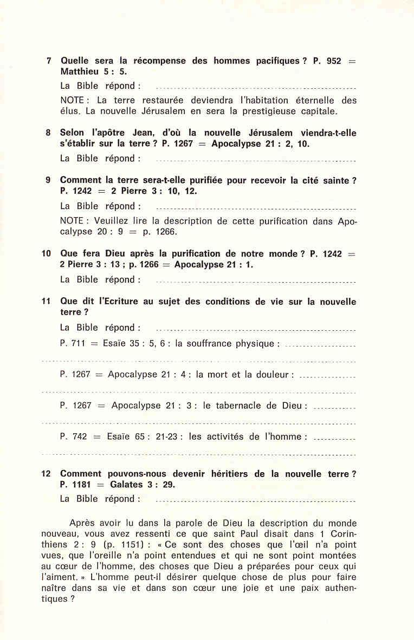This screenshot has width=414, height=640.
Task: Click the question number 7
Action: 49,61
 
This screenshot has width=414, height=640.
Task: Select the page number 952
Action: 334,61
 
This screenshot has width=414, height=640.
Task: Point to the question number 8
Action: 48,133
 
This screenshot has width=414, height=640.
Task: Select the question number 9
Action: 48,180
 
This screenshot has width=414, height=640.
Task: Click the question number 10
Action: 47,253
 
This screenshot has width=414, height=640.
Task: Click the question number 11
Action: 47,302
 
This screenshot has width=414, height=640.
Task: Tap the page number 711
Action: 78,344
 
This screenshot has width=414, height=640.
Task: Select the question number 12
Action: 47,474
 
